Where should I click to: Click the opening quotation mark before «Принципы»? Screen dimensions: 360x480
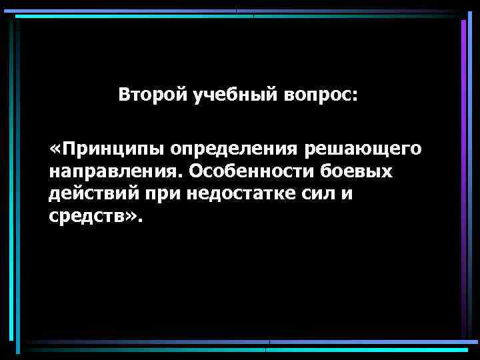[x=54, y=149]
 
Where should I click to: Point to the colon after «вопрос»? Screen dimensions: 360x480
[x=355, y=96]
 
